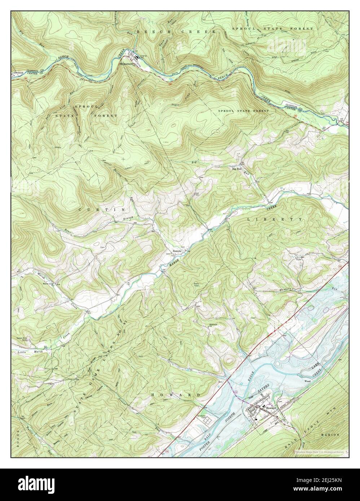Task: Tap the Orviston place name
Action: coord(18,72)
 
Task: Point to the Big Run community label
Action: coord(237,168)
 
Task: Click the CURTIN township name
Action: coord(101,209)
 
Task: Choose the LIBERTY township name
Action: coord(275,219)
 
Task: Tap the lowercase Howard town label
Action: coord(271,408)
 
